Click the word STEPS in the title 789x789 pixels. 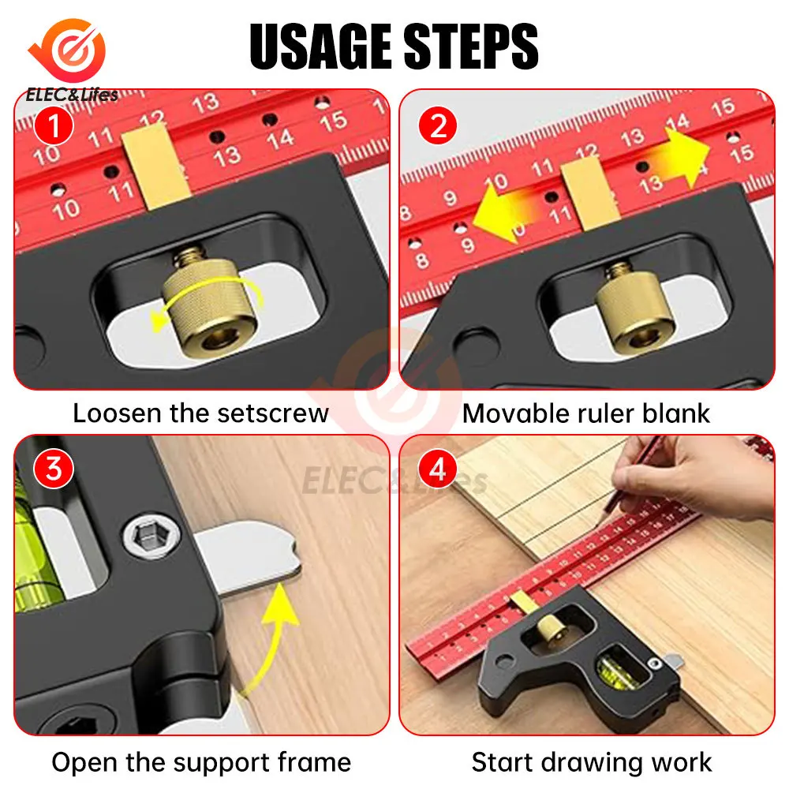[471, 47]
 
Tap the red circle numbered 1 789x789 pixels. [54, 125]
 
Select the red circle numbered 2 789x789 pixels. [438, 125]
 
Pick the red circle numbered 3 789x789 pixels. [54, 469]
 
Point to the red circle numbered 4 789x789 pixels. [438, 469]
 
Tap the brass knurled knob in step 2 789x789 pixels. [633, 308]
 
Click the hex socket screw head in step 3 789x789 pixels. [151, 536]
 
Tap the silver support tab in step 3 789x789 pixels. [250, 557]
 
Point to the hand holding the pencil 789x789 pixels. [694, 479]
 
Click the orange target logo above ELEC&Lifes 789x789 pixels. [68, 50]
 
